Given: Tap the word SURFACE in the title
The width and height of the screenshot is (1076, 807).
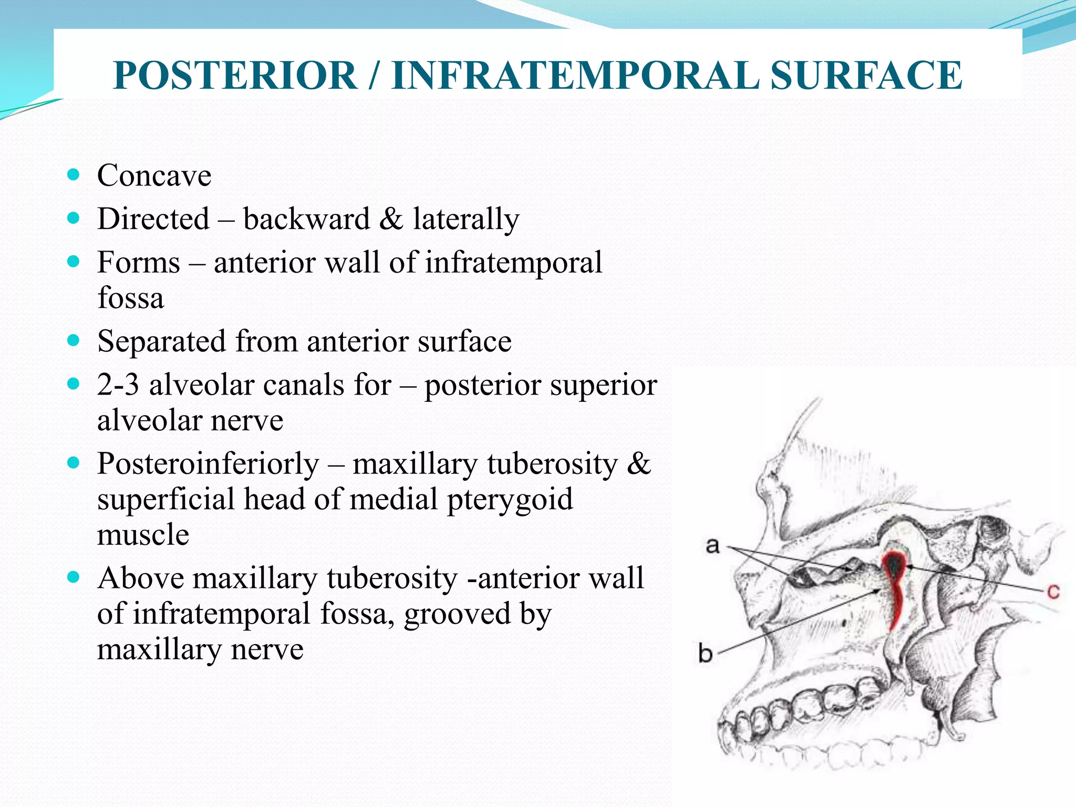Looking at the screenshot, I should coord(866,76).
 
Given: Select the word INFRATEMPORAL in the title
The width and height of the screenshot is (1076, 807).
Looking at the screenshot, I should coord(575,76).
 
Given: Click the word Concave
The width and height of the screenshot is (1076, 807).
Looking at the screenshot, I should coord(154,175).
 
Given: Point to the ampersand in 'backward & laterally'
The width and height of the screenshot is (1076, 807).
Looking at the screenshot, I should coord(391,219).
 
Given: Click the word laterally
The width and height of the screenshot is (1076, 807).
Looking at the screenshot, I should coord(465,220).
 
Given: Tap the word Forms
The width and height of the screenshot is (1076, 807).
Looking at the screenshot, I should coord(139,262).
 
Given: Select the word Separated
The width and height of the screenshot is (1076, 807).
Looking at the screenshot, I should coord(161,342).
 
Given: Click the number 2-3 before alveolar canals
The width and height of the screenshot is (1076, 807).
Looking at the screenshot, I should coord(118,385).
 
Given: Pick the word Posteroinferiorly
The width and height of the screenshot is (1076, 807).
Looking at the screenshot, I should coord(208,464).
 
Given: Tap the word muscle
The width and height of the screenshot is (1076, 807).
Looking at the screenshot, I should coord(143,535).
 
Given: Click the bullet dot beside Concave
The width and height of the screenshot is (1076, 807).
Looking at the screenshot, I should coord(74,175).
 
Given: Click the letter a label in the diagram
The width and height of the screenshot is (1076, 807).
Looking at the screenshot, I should coord(712,546).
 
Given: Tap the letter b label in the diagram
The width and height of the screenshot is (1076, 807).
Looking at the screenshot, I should coord(706,654).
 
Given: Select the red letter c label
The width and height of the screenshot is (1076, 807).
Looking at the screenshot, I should coord(1053,592).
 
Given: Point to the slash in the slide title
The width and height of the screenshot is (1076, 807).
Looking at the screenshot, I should coord(374,76).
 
